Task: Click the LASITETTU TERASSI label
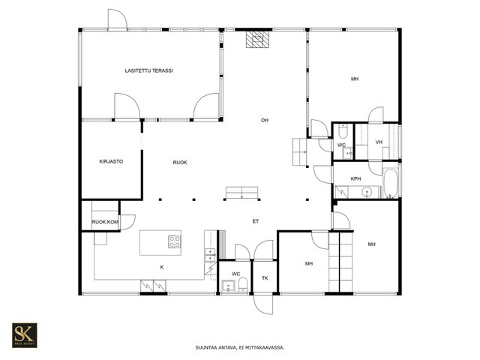point(148,70)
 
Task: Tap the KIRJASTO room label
point(111,161)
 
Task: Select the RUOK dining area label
point(180,163)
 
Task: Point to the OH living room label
point(265,120)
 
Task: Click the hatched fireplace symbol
point(258,40)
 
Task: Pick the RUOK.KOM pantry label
point(105,222)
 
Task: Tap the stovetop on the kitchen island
point(174,241)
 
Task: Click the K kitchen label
point(162,267)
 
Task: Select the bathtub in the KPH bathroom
point(390,183)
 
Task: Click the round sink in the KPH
point(367,192)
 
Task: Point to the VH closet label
point(379,142)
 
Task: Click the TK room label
point(265,278)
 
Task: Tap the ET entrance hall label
point(256,221)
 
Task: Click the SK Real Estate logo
point(25,335)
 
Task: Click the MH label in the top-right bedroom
point(355,79)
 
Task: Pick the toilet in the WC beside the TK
point(243,284)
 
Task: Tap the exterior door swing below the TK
point(263,304)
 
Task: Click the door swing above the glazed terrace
point(118,19)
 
